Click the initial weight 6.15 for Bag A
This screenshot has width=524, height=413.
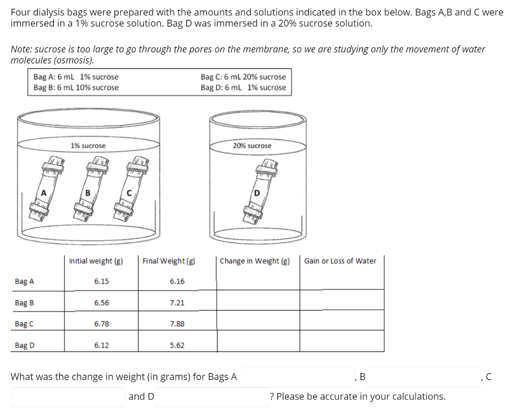tap(101, 281)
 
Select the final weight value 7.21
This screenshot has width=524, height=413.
tap(177, 303)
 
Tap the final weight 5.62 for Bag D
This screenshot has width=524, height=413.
tap(177, 345)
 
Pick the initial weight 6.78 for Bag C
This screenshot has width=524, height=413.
tap(101, 324)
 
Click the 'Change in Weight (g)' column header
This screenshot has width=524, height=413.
tap(255, 261)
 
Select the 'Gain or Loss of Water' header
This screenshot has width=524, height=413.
tap(340, 261)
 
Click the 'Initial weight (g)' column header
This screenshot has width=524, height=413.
tap(96, 261)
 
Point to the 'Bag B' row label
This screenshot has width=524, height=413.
tap(25, 303)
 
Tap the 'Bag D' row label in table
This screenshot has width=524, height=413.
tap(25, 345)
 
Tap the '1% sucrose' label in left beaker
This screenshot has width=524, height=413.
tap(88, 146)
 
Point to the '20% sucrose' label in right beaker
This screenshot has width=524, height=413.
tap(252, 146)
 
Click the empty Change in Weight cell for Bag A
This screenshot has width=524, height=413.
tap(258, 281)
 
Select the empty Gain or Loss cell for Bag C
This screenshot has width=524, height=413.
tap(341, 324)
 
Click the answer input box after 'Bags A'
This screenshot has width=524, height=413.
tap(297, 378)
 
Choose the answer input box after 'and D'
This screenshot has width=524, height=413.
tap(212, 397)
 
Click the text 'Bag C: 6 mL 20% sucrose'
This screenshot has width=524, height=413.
tap(244, 77)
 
